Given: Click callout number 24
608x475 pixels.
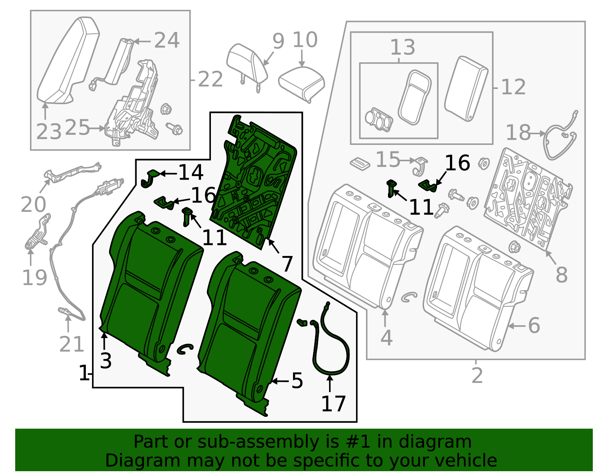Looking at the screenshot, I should click(x=166, y=40).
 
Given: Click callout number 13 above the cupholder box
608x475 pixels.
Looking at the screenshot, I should click(x=402, y=48).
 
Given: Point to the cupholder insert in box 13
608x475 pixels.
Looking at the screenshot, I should click(x=378, y=119).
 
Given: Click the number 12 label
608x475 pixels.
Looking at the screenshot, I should click(x=513, y=87).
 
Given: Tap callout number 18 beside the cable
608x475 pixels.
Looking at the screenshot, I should click(x=518, y=133).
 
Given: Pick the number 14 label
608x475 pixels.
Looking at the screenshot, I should click(x=191, y=173).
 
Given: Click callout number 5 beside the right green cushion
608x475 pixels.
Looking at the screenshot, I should click(x=297, y=381).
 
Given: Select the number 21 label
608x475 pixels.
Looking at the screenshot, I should click(x=71, y=345).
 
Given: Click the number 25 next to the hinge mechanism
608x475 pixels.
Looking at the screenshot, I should click(x=77, y=128).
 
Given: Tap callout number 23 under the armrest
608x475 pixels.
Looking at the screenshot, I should click(x=49, y=132).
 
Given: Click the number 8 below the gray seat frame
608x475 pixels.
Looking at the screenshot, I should click(x=561, y=275).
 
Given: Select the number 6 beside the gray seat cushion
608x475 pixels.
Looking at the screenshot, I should click(x=534, y=326).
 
